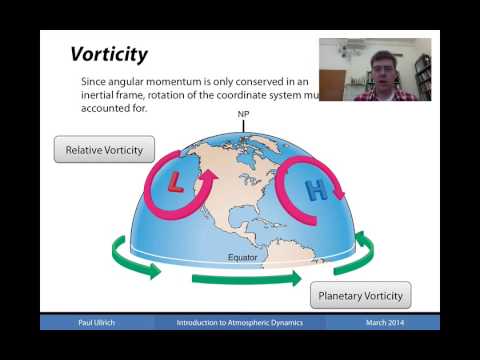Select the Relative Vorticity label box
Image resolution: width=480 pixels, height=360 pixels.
(x=104, y=150)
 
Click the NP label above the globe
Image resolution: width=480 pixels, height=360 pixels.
(x=243, y=115)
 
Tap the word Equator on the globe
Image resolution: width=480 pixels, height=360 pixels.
(x=241, y=257)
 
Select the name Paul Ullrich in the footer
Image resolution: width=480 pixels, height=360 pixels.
(x=98, y=322)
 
